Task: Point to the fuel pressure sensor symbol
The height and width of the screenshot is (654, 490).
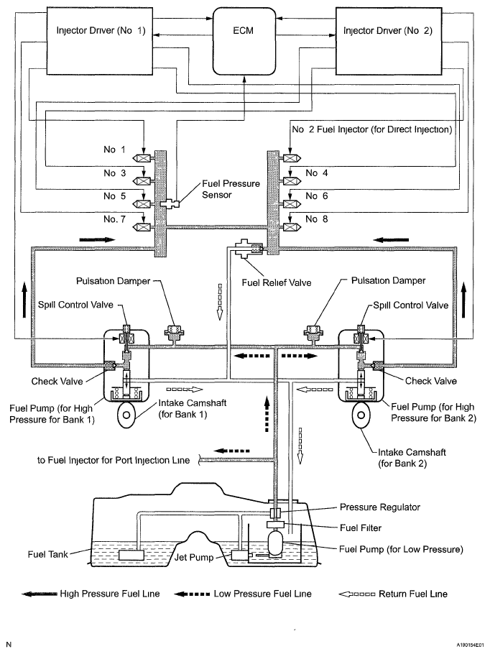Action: point(170,203)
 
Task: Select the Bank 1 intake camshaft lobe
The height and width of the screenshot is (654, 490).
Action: point(127,415)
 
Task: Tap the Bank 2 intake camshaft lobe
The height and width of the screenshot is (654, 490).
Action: point(361,415)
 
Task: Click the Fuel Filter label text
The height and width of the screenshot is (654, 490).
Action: point(361,528)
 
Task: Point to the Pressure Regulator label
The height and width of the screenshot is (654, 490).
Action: point(380,507)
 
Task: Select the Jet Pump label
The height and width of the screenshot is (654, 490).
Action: point(194,557)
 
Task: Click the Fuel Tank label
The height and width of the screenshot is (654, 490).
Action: point(48,554)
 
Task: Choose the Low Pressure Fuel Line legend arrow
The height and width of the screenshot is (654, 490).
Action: point(193,594)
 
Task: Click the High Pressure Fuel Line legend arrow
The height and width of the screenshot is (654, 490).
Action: point(39,594)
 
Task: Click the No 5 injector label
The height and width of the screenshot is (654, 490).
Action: point(115,195)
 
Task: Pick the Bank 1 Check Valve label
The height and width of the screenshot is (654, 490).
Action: point(57,381)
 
